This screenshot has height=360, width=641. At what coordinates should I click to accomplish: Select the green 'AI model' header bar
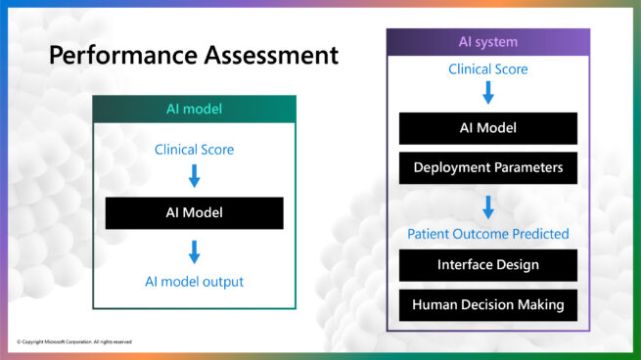coord(194,109)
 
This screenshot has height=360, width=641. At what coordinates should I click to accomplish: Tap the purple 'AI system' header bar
coord(487,42)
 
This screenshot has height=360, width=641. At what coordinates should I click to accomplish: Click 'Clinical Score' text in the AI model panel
coord(194,150)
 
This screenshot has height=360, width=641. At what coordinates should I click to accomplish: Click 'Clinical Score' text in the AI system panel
coord(487,69)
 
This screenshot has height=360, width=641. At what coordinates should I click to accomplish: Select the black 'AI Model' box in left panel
coord(194,213)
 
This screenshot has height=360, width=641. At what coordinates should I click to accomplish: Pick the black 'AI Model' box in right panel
coord(487,128)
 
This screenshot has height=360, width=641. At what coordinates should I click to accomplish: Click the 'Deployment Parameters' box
coord(487,167)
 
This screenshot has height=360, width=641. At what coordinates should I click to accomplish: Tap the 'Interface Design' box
coord(487,265)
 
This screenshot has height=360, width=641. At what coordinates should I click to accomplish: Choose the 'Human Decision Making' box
coord(487,304)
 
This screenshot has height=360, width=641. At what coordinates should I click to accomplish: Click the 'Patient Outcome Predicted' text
coord(487,234)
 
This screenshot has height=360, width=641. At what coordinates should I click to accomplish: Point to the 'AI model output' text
coord(194,282)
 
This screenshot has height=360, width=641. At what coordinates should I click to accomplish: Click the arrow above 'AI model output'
coord(194,252)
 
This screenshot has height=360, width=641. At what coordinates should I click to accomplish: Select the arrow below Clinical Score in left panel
coord(194,176)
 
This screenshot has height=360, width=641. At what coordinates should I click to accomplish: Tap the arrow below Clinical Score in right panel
coord(487,93)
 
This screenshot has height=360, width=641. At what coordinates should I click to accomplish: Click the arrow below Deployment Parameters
coord(487,206)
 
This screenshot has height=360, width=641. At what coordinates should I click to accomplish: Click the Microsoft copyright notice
coord(74,341)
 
